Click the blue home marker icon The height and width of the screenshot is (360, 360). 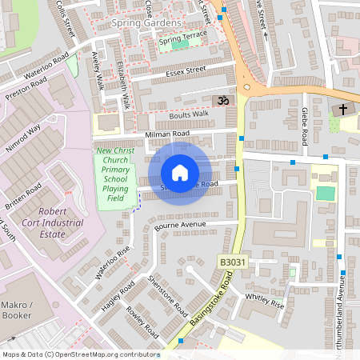point(180,173)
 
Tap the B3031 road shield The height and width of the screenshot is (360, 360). point(233,262)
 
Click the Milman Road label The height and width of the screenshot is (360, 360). point(167,134)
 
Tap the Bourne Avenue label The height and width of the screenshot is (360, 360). point(180,226)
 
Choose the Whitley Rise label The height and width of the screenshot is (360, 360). point(265,300)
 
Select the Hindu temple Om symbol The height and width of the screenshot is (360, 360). point(221,101)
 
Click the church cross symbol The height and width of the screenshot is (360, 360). point(344,109)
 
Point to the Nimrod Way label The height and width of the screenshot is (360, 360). point(22,141)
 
